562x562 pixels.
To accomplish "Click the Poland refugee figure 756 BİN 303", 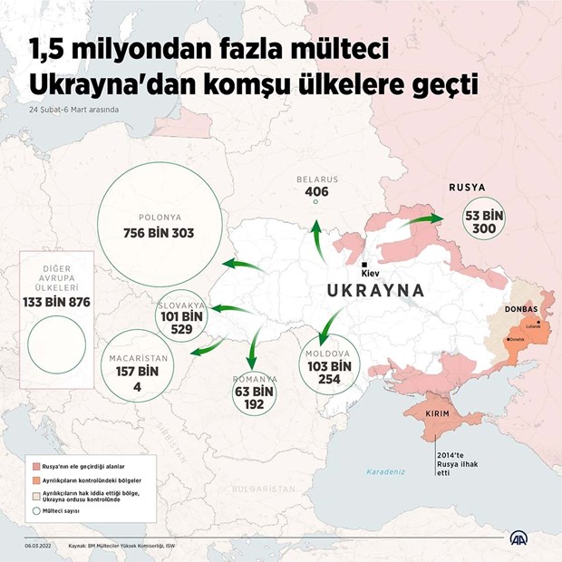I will [x=159, y=233].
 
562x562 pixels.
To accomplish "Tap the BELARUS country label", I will [x=316, y=179].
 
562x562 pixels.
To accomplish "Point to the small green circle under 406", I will [x=315, y=202].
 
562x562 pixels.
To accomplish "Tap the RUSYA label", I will [x=467, y=188].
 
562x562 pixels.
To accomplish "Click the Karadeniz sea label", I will [x=387, y=472].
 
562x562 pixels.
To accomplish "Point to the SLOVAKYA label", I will [x=181, y=305].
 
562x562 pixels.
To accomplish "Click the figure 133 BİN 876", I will [x=56, y=302].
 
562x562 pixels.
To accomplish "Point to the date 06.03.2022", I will [x=40, y=546].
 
